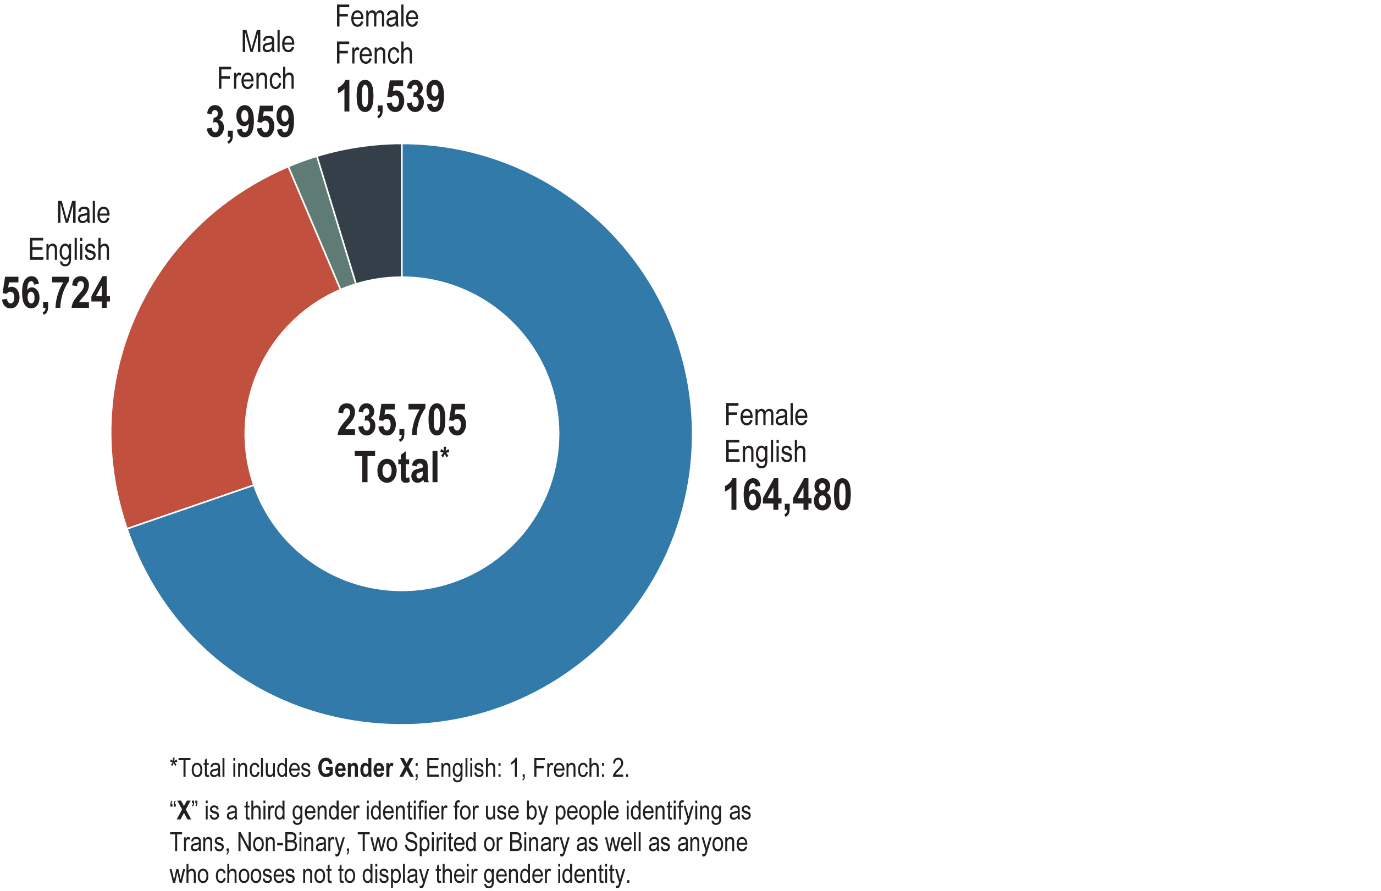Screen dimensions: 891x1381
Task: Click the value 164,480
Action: pyautogui.click(x=787, y=495)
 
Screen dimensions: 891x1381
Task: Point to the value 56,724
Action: pyautogui.click(x=56, y=293)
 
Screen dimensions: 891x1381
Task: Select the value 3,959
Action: pyautogui.click(x=250, y=121)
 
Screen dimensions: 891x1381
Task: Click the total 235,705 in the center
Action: pyautogui.click(x=401, y=420)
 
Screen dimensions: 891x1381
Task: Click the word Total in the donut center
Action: pyautogui.click(x=397, y=467)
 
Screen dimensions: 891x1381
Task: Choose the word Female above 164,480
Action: pyautogui.click(x=765, y=415)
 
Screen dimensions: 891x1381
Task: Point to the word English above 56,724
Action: pyautogui.click(x=69, y=250)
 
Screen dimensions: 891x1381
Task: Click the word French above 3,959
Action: pyautogui.click(x=256, y=79)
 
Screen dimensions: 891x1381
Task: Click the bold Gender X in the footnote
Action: pyautogui.click(x=365, y=768)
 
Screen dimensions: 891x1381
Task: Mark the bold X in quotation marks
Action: pyautogui.click(x=184, y=811)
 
